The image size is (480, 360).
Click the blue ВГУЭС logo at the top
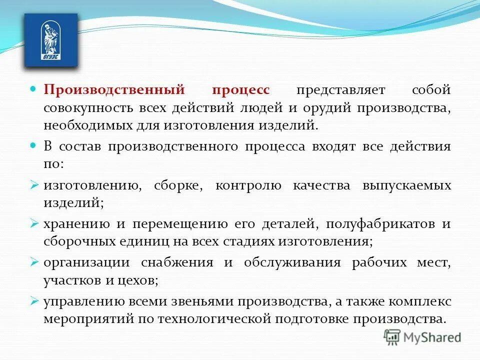click(51, 40)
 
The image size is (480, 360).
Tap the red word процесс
click(240, 90)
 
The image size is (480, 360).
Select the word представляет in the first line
click(340, 90)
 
